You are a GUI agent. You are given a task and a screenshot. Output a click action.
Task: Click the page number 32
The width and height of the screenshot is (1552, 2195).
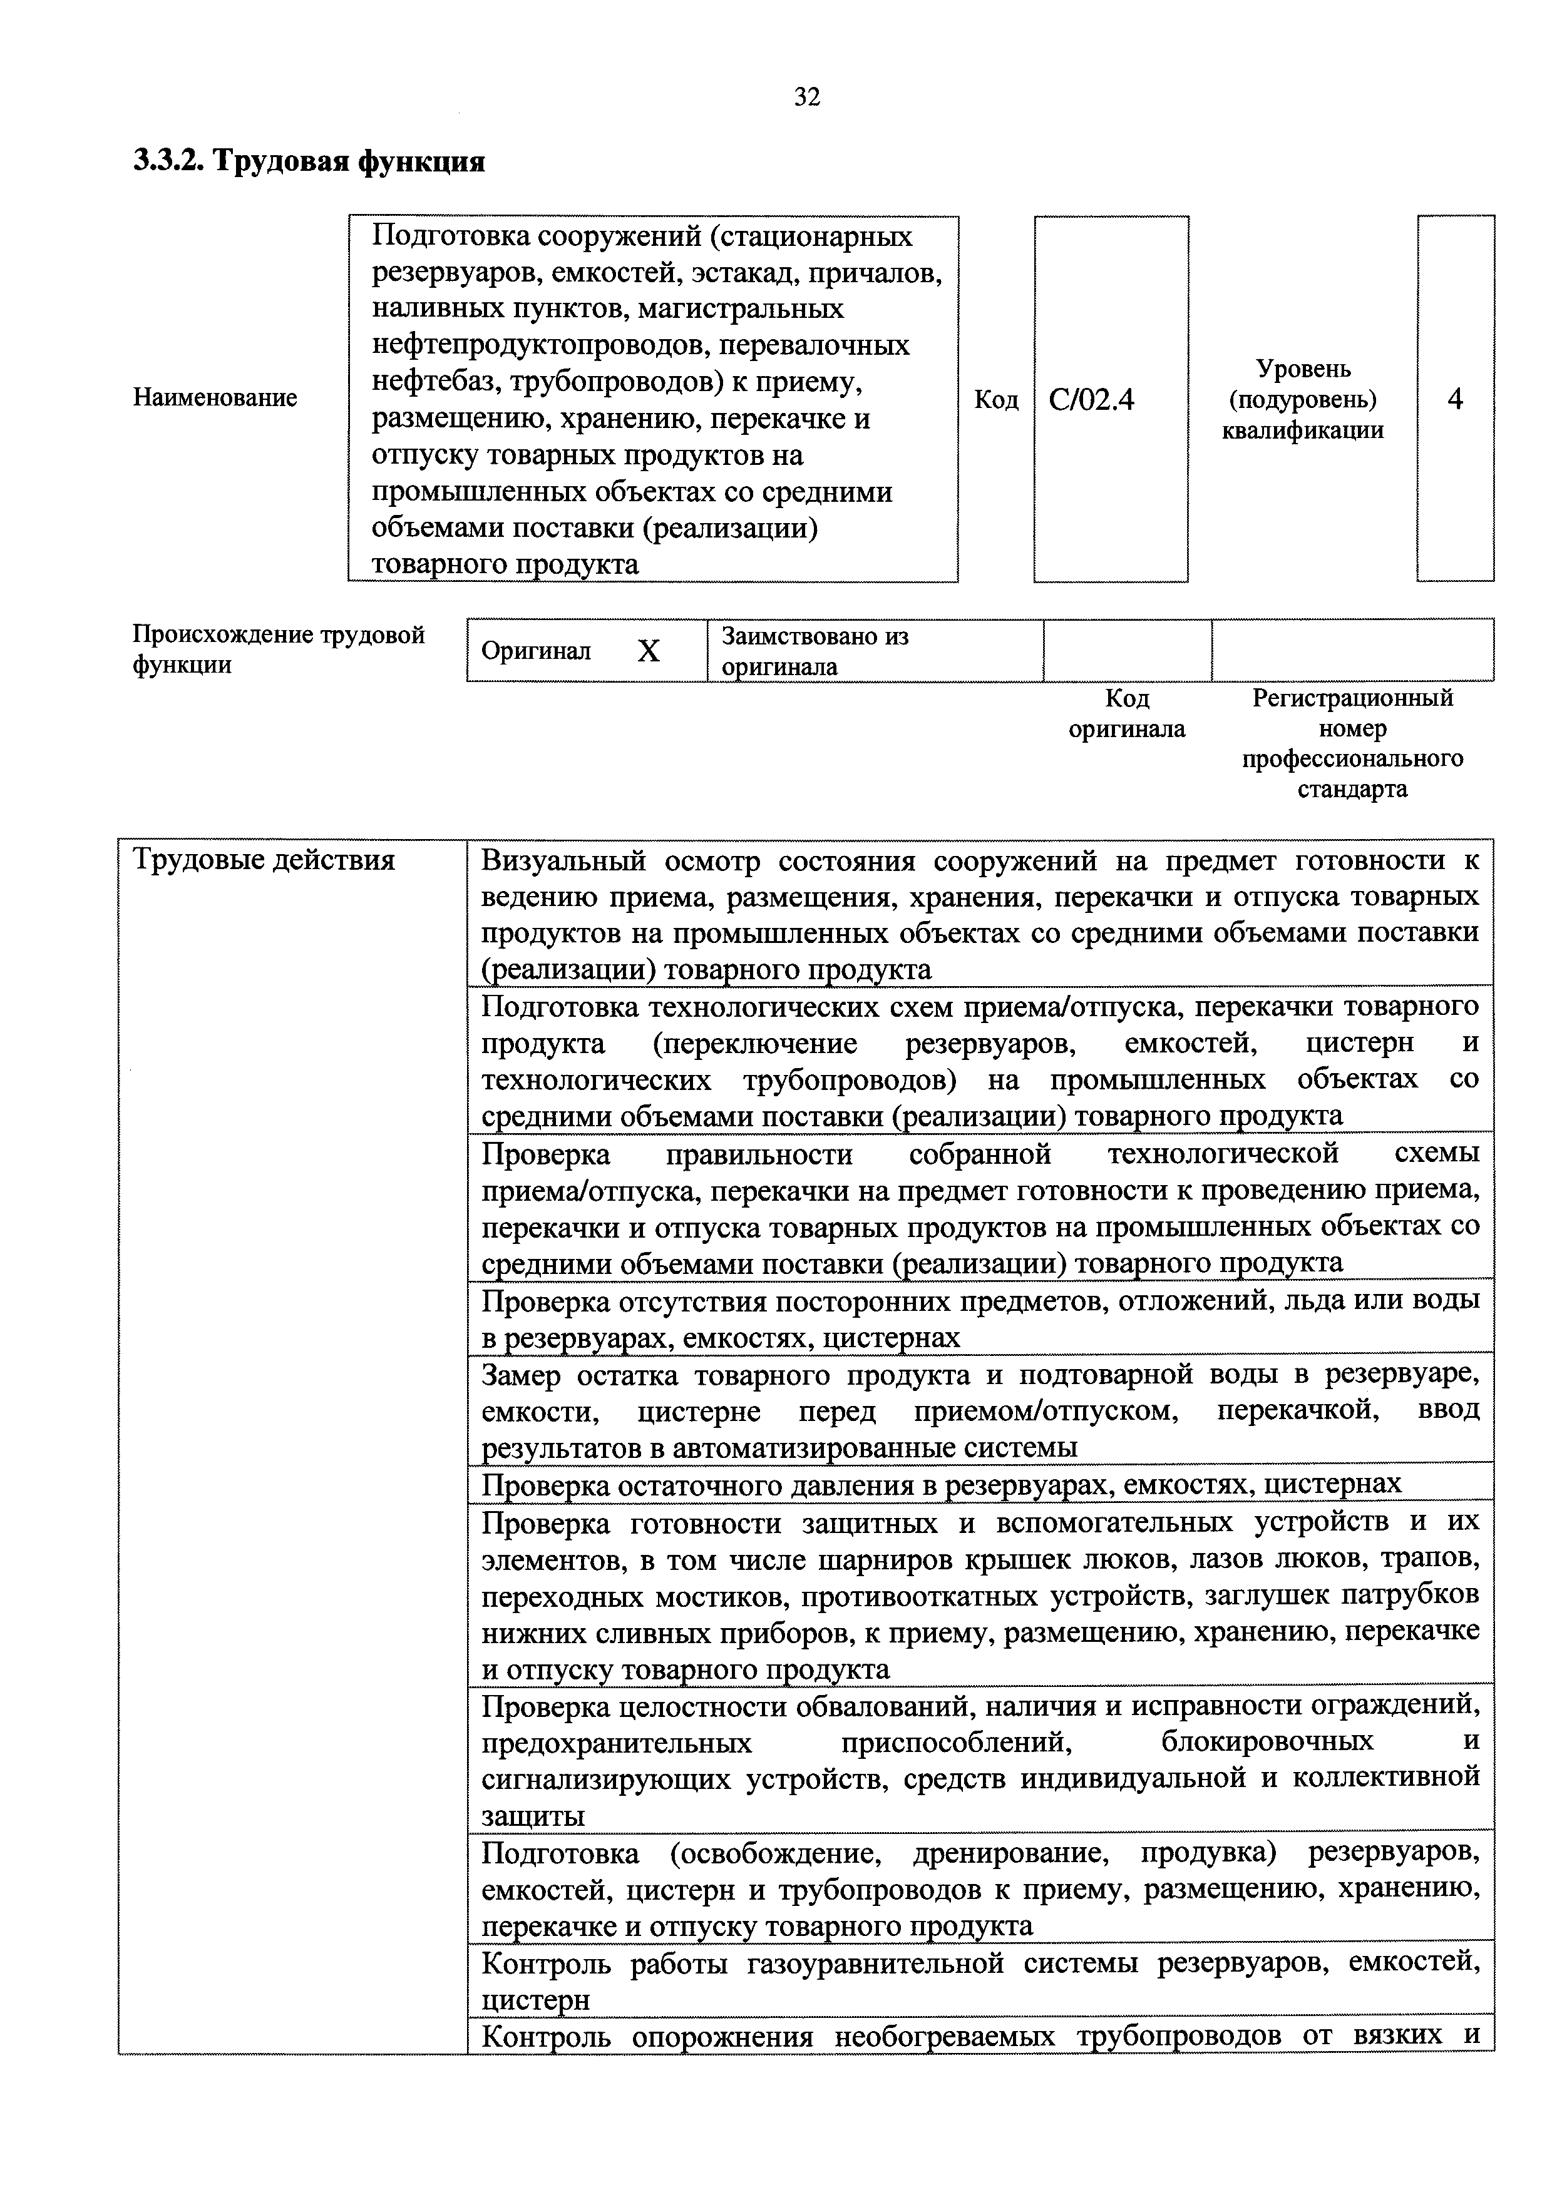point(806,96)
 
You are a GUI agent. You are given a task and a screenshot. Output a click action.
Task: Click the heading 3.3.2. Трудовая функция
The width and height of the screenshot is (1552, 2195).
point(309,161)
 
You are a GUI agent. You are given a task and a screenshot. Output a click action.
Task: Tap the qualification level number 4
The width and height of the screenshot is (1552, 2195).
point(1454,399)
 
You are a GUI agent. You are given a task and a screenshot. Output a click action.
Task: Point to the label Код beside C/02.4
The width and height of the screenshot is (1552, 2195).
point(995,400)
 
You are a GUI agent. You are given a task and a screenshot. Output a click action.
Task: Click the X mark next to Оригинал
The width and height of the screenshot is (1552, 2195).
point(649,651)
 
